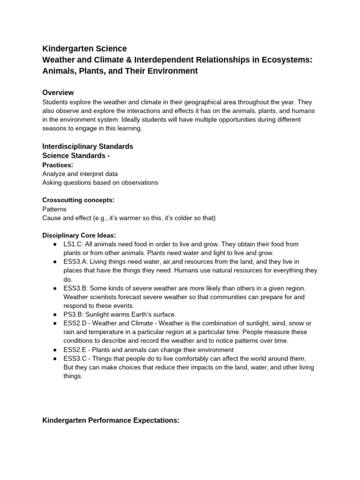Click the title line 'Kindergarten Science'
[84, 48]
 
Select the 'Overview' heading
[58, 92]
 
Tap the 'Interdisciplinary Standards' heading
[88, 146]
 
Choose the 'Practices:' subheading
[58, 165]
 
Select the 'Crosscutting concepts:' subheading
[78, 200]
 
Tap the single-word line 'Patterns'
[54, 209]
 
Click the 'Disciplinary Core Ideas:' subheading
[79, 235]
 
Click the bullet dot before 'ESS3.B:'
[55, 288]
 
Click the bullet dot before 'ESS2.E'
[55, 350]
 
